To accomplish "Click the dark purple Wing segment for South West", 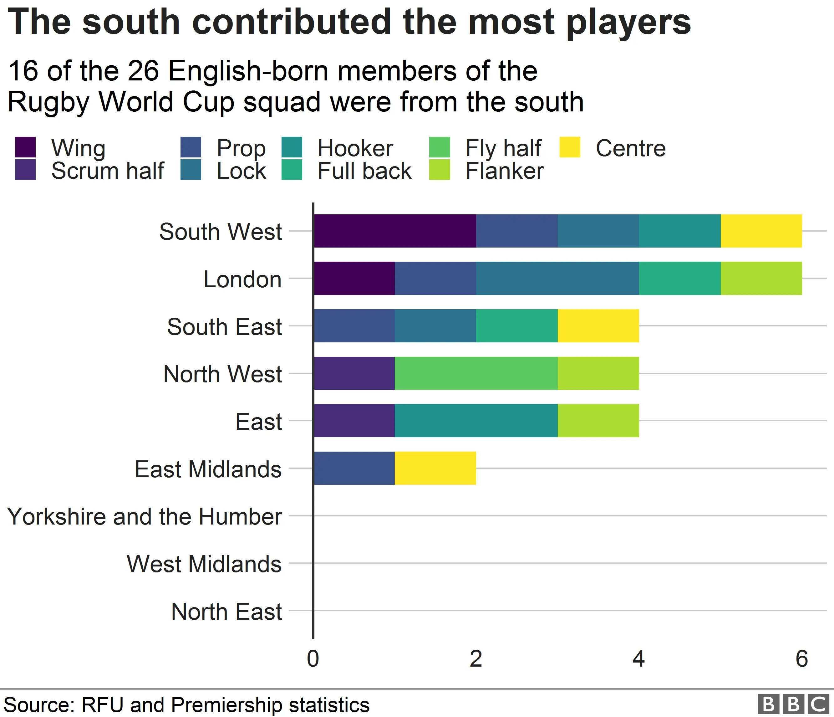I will coord(394,231).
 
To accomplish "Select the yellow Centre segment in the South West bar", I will coord(761,231).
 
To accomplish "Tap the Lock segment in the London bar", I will coord(557,278).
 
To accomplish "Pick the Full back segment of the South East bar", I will coord(516,326).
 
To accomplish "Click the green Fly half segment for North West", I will coord(476,373).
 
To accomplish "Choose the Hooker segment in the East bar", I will coord(476,421).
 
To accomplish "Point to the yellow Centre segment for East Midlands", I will coord(435,468).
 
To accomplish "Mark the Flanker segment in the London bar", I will coord(761,278).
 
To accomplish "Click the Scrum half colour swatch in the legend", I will coord(25,170).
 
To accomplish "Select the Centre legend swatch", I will coord(570,147).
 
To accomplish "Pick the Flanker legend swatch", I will coord(439,170).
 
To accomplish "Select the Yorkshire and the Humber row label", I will coord(145,516).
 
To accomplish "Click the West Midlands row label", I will coord(204,564).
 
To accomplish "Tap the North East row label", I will coord(226,612).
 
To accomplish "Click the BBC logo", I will coord(792,704).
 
